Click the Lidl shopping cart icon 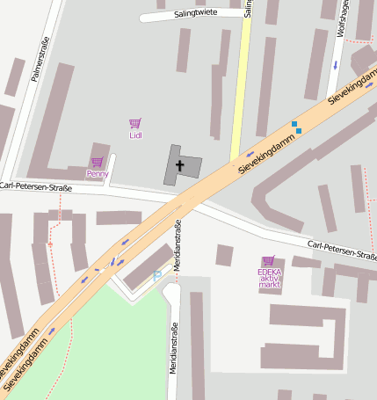click(x=134, y=124)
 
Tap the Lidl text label click(x=135, y=135)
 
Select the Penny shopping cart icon click(x=97, y=162)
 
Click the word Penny click(x=97, y=174)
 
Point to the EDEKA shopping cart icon click(x=268, y=260)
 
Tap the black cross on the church click(x=181, y=164)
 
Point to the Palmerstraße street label click(x=40, y=59)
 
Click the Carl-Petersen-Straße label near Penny click(x=36, y=186)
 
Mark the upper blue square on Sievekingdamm click(x=294, y=124)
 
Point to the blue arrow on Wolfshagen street click(x=335, y=66)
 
